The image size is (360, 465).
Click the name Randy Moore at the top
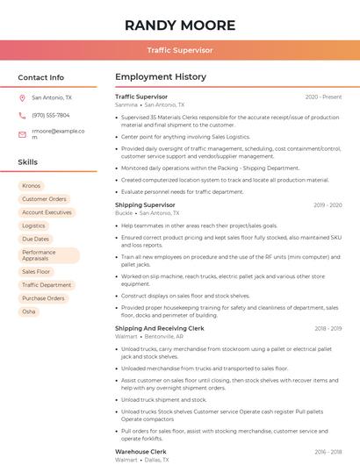(x=179, y=25)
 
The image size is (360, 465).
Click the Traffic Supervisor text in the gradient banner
(x=179, y=50)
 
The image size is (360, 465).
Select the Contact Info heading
(x=40, y=77)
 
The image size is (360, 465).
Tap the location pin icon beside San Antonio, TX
(x=22, y=98)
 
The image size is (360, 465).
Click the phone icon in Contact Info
(x=22, y=115)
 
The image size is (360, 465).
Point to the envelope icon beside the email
(x=22, y=134)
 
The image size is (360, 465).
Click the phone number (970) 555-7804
(x=50, y=115)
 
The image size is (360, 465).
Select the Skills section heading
(x=28, y=162)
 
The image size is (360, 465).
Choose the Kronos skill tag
(x=31, y=186)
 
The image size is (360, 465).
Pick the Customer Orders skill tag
(x=44, y=199)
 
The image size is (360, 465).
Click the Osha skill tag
(x=29, y=311)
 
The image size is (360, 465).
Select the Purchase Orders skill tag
(x=43, y=298)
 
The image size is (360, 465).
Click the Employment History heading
(x=160, y=77)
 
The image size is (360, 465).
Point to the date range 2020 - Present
(x=323, y=97)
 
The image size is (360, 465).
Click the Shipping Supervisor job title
(x=145, y=204)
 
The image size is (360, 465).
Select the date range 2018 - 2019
(x=328, y=328)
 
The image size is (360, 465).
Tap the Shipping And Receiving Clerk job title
(x=159, y=328)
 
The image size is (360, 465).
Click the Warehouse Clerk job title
(x=141, y=451)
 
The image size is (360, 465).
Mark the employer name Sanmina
(x=126, y=104)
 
